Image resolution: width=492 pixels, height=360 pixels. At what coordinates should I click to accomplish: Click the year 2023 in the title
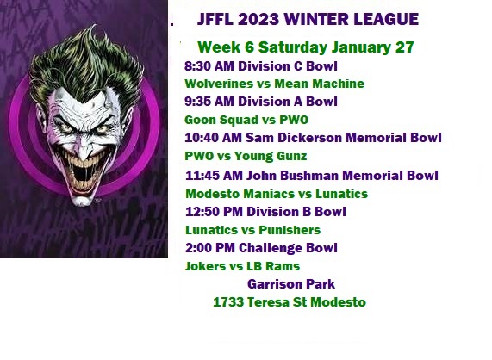click(x=258, y=19)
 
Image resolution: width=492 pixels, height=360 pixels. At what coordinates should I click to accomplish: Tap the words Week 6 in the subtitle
click(x=225, y=47)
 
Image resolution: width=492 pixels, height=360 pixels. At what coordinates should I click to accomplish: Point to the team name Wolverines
click(x=219, y=84)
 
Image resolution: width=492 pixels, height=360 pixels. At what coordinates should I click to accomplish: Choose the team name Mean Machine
click(x=319, y=84)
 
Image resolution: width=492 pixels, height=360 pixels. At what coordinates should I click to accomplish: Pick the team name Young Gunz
click(x=271, y=156)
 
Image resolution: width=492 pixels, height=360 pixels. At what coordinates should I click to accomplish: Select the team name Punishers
click(x=290, y=230)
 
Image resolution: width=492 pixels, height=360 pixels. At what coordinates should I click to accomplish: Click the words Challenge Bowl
click(x=288, y=248)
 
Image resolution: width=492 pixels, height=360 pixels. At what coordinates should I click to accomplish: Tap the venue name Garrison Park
click(x=291, y=284)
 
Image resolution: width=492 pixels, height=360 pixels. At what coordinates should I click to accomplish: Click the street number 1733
click(x=228, y=302)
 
